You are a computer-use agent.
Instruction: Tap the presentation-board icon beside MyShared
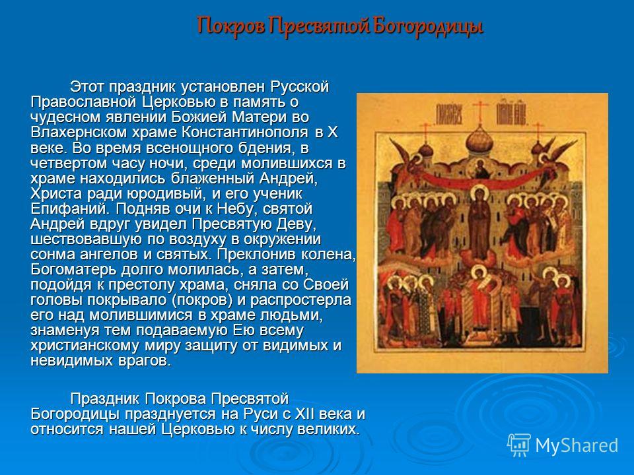[x=519, y=445]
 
